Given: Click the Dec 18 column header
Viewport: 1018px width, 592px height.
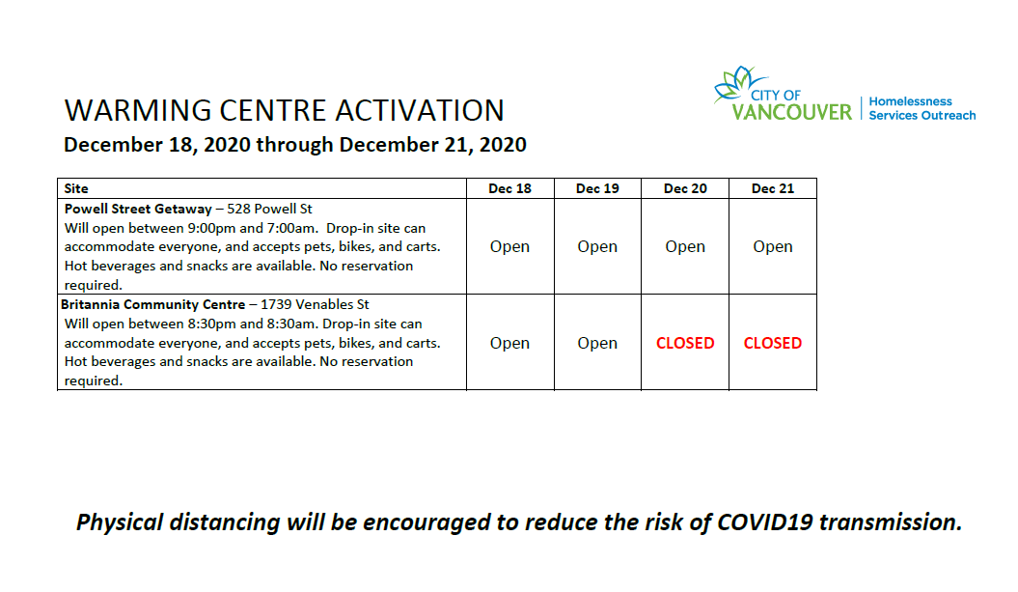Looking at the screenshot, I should (x=509, y=188).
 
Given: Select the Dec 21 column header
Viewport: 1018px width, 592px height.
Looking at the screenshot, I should (x=773, y=188).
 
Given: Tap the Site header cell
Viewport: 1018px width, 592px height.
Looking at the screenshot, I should (x=76, y=188).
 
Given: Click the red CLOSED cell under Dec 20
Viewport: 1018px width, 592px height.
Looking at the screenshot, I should (x=685, y=343).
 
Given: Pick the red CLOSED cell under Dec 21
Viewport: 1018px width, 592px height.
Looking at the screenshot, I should (x=773, y=343).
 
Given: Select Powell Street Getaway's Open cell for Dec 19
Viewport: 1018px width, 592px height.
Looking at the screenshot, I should (x=597, y=246).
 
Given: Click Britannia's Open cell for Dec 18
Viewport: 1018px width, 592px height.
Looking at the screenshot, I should (x=509, y=343).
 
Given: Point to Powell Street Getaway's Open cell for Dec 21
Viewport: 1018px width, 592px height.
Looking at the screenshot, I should (x=773, y=246).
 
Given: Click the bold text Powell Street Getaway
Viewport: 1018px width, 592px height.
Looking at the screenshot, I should (x=138, y=209).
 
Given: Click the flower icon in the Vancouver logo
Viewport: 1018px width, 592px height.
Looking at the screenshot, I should (x=735, y=83).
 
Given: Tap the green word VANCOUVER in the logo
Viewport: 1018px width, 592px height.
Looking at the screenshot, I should (x=791, y=112).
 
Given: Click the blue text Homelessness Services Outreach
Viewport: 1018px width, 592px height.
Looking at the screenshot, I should (x=922, y=108).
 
